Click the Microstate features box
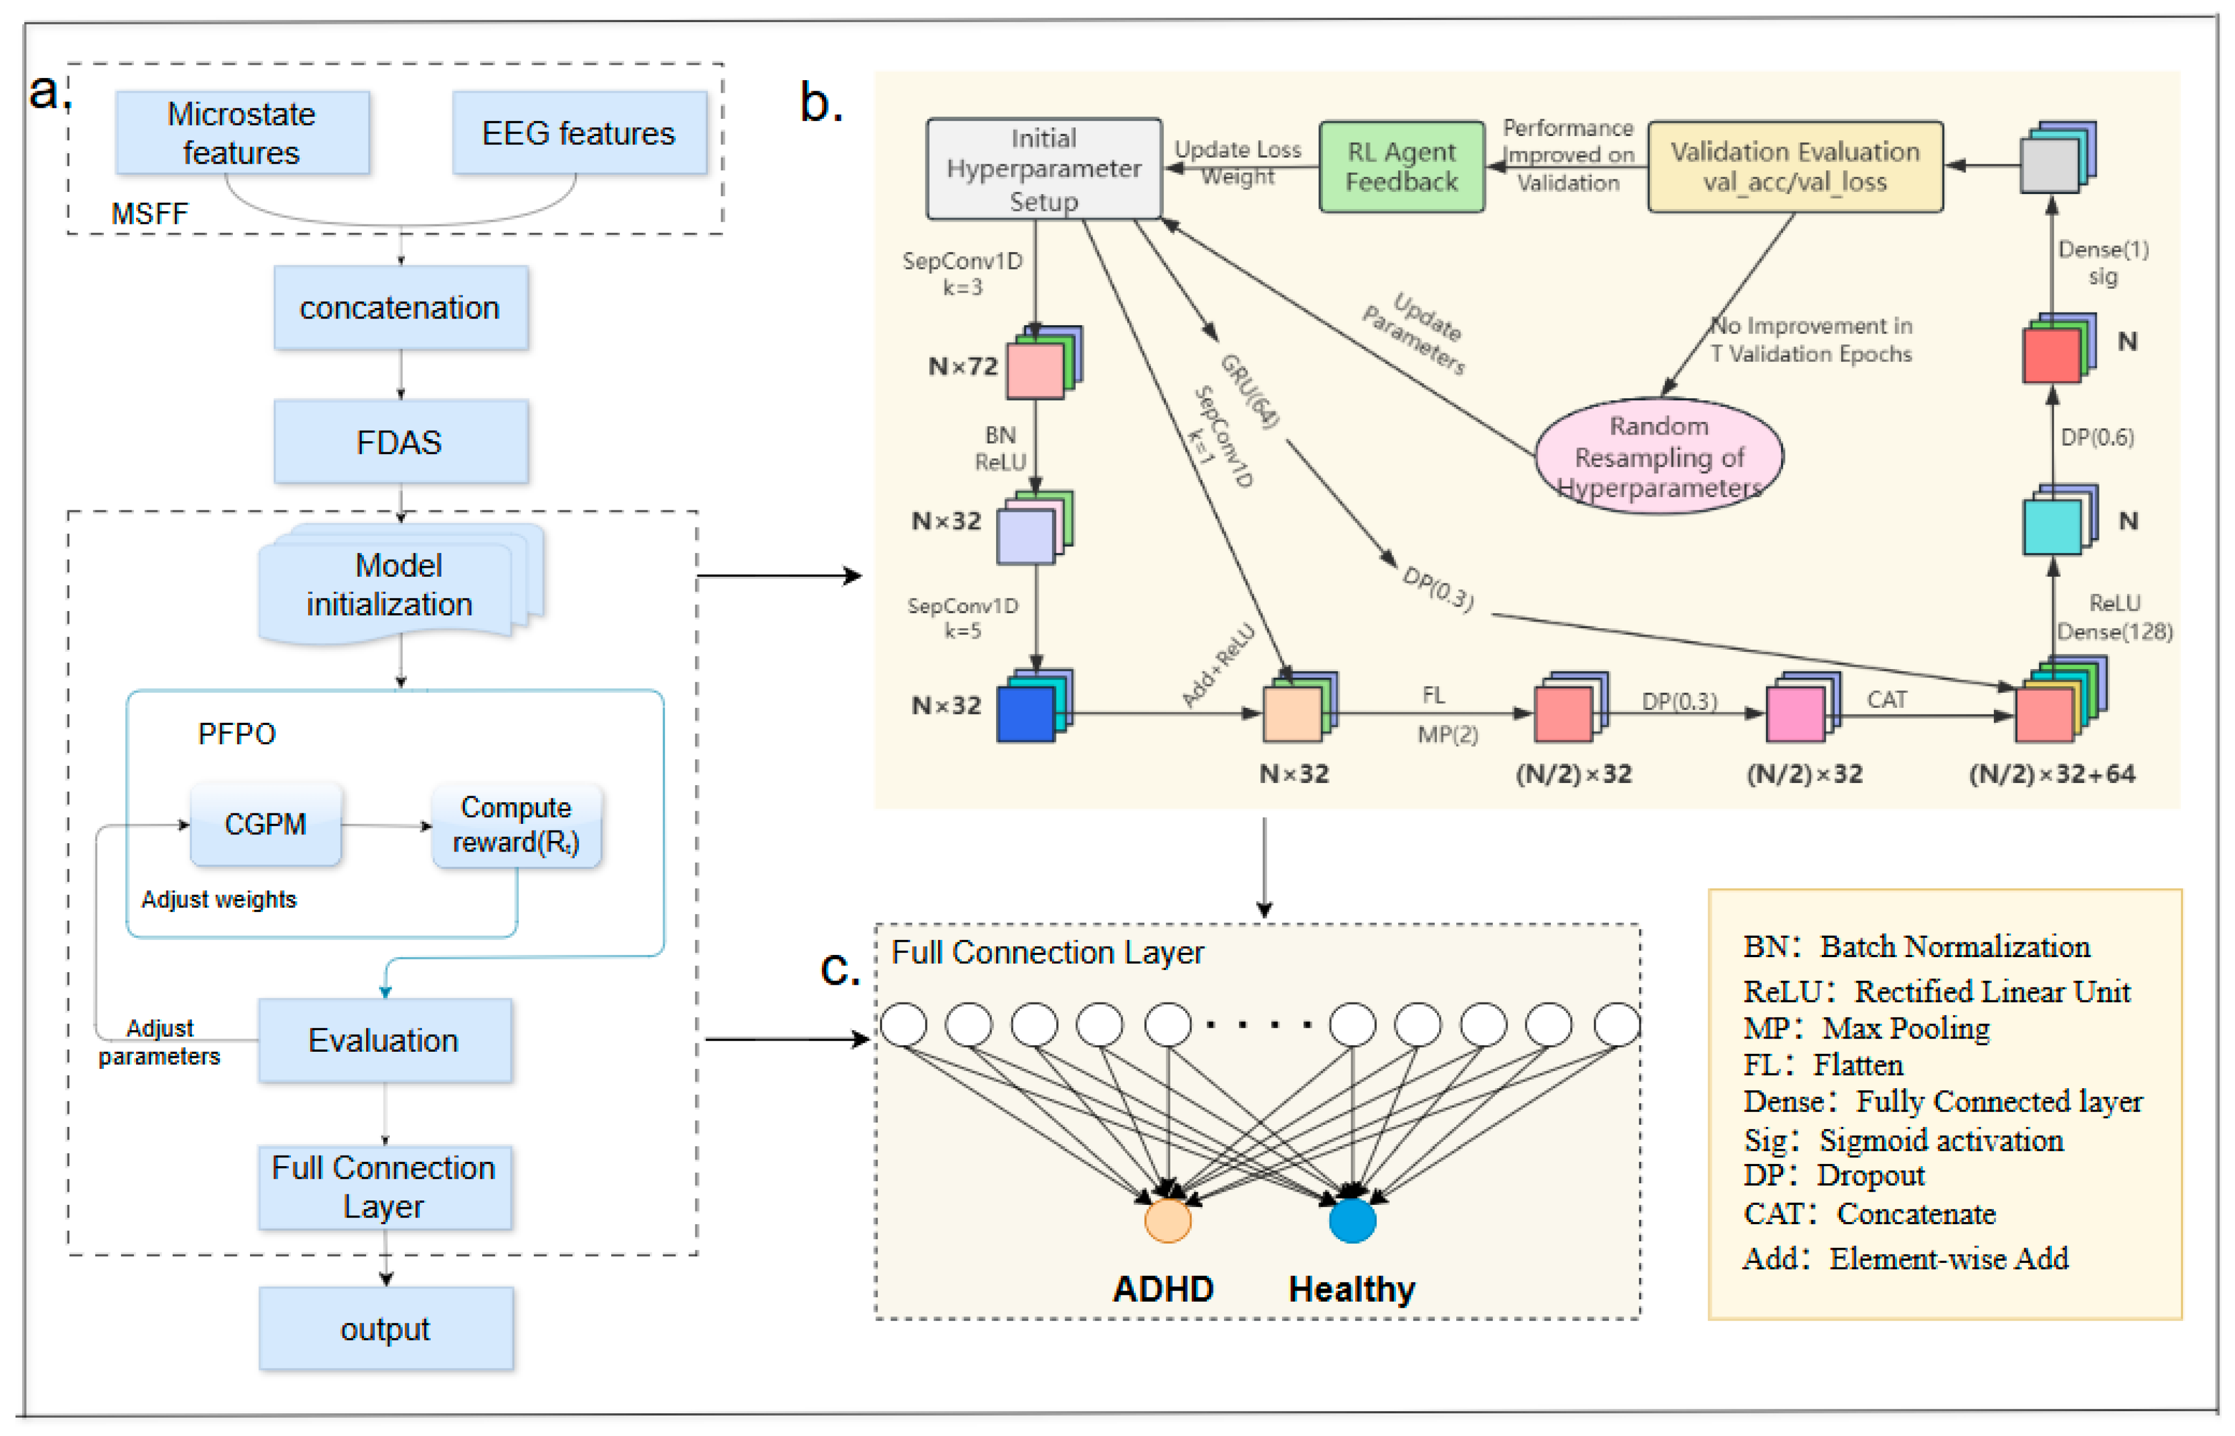click(x=242, y=132)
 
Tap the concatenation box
click(x=400, y=307)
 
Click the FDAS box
click(x=400, y=442)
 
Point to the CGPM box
click(x=265, y=824)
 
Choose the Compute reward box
click(x=515, y=825)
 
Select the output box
click(x=385, y=1329)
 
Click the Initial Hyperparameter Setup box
click(x=1043, y=169)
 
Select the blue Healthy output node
click(x=1351, y=1220)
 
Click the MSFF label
click(x=149, y=213)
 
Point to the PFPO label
click(x=237, y=734)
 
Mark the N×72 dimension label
click(x=962, y=367)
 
